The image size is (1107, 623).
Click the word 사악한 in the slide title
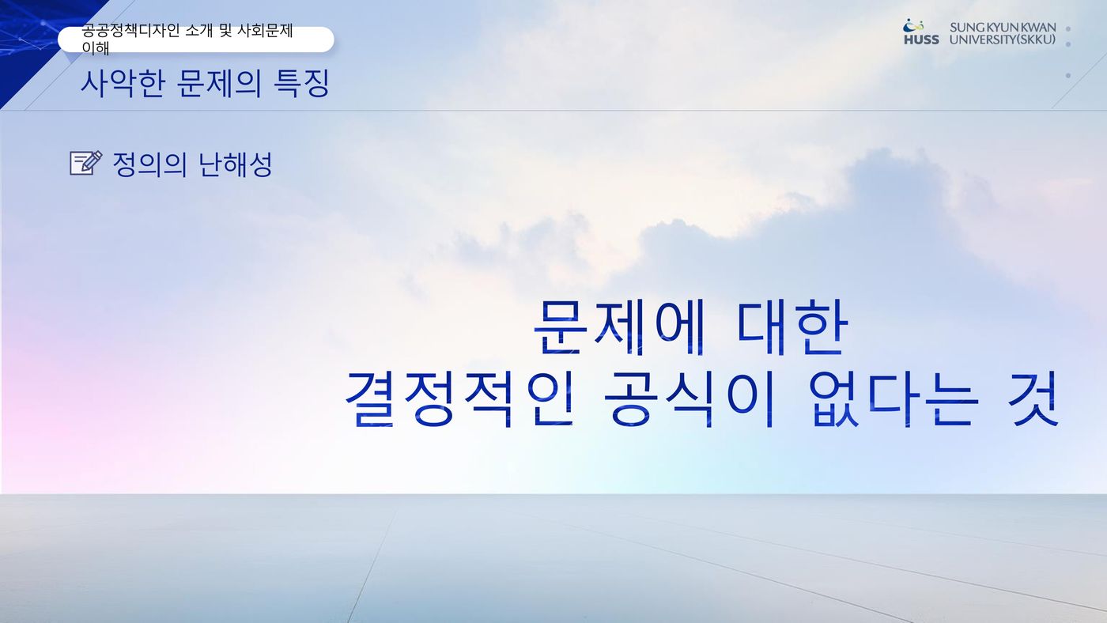pyautogui.click(x=123, y=83)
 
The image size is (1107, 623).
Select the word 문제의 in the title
pyautogui.click(x=218, y=83)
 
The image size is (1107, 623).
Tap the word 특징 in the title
pyautogui.click(x=301, y=83)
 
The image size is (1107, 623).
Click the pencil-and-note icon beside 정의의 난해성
pyautogui.click(x=86, y=163)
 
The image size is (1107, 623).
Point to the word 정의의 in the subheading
pyautogui.click(x=149, y=164)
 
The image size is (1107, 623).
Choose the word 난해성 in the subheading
pyautogui.click(x=236, y=164)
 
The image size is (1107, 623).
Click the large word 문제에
pyautogui.click(x=619, y=327)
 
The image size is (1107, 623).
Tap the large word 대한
pyautogui.click(x=792, y=327)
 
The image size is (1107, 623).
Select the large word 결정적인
pyautogui.click(x=459, y=398)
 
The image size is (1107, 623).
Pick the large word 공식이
pyautogui.click(x=689, y=398)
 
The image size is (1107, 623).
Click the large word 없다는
pyautogui.click(x=894, y=398)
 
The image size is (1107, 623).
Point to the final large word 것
pyautogui.click(x=1034, y=398)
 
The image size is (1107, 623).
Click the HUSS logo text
pyautogui.click(x=921, y=40)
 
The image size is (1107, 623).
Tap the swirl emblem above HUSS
pyautogui.click(x=912, y=25)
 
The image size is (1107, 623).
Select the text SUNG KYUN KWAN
pyautogui.click(x=1003, y=28)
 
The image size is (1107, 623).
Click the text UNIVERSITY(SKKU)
pyautogui.click(x=1003, y=40)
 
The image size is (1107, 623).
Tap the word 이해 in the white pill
pyautogui.click(x=96, y=48)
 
